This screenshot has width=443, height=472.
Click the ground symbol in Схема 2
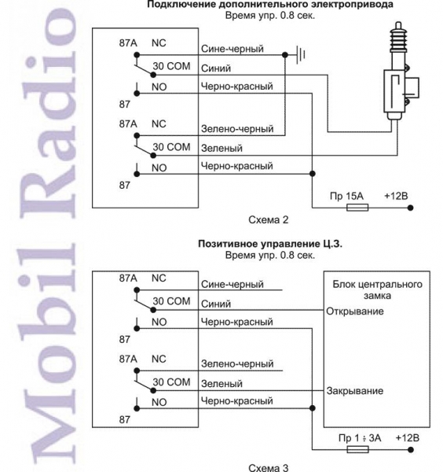coord(301,55)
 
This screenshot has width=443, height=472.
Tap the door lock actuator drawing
coord(401,72)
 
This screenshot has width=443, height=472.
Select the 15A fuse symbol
coord(357,208)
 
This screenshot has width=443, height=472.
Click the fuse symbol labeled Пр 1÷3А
coord(357,450)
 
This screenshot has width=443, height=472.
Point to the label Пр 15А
coord(346,196)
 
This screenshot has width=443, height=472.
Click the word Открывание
coord(355,312)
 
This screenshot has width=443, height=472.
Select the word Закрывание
coord(355,391)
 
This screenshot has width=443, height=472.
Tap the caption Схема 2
coord(269,220)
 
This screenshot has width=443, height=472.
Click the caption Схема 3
coord(269,467)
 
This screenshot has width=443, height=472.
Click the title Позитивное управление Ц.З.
coord(270,244)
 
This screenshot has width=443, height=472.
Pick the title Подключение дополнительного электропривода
coord(270,5)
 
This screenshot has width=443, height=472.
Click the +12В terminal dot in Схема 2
coord(411,208)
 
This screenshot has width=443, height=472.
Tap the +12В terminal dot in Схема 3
coord(411,450)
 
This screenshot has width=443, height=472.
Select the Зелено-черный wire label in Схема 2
coord(237,129)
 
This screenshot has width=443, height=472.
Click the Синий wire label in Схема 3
coord(216,304)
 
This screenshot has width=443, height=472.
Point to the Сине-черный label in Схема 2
coord(232,49)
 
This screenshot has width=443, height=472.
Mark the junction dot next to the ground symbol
coord(285,55)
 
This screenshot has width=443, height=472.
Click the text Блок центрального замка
coord(377,289)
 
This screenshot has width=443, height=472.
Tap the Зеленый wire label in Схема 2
coord(222,149)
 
